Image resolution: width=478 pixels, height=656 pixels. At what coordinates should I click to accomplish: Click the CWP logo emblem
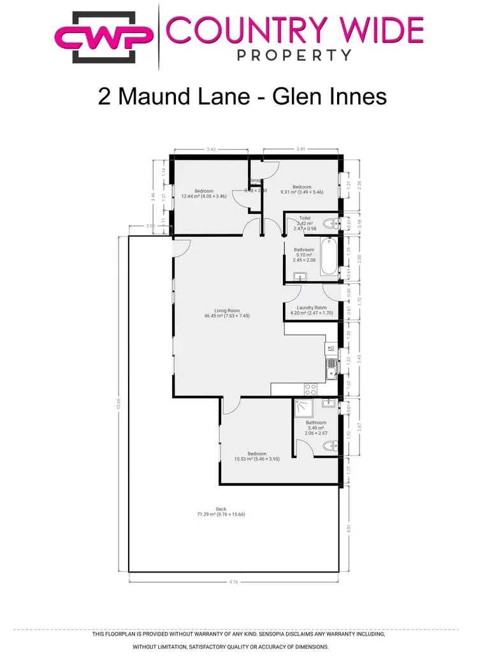[x=105, y=38]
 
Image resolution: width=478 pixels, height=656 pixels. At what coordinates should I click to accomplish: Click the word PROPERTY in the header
[x=294, y=55]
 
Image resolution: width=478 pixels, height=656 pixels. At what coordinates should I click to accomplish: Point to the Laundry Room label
[x=312, y=308]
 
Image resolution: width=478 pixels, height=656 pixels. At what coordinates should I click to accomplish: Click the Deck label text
[x=221, y=508]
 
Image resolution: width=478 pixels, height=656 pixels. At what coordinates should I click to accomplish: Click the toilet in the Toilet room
[x=330, y=223]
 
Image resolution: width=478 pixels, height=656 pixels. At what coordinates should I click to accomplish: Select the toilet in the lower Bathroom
[x=330, y=446]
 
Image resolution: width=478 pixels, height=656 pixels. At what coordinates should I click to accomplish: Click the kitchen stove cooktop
[x=311, y=388]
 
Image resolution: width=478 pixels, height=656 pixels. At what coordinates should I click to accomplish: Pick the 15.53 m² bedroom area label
[x=257, y=459]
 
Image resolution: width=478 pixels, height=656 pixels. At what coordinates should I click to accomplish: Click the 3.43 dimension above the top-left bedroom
[x=211, y=150]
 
